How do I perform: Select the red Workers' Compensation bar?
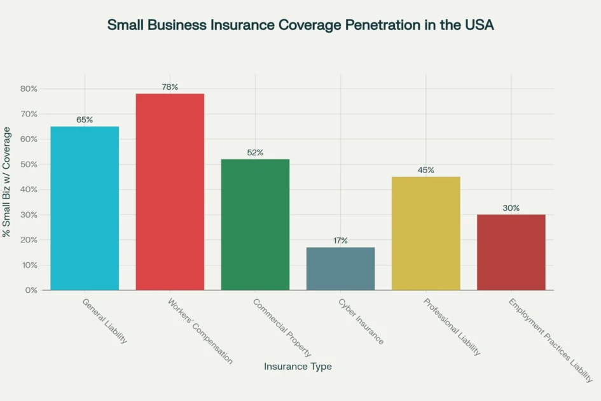(170, 192)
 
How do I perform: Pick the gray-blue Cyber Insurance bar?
(340, 269)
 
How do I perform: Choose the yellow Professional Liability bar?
(425, 233)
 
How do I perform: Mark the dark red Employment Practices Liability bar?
(511, 252)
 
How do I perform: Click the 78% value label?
(170, 87)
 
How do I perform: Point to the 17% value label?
(340, 241)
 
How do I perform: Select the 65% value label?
(85, 120)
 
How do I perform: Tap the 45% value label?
(425, 170)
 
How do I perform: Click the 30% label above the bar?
(511, 208)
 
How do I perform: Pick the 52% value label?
(255, 152)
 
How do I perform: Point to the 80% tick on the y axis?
(29, 88)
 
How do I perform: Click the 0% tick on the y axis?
(31, 290)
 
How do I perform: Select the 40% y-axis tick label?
(29, 190)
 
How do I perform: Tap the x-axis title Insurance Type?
(298, 367)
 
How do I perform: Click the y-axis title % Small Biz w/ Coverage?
(7, 182)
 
